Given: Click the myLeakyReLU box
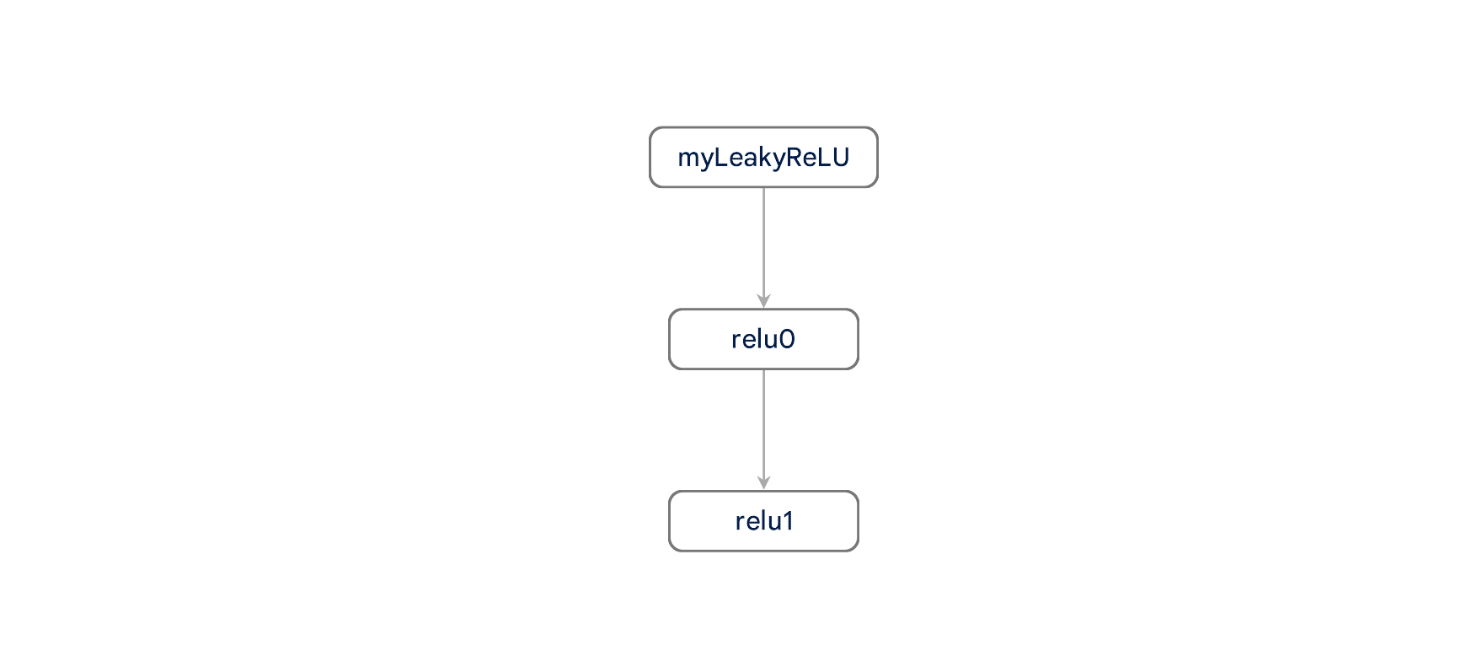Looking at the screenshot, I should [763, 158].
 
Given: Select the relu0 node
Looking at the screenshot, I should [763, 339].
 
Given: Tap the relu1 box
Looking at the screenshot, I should [763, 521].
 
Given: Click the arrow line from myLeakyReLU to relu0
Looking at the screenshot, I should [763, 245].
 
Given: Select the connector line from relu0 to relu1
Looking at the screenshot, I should [763, 426].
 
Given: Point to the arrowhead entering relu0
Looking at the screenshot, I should [763, 301].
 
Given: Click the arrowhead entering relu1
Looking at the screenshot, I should [763, 483].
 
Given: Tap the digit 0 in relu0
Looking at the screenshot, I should [787, 339].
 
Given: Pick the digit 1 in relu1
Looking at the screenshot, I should [788, 521].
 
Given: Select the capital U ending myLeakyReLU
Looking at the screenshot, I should [840, 158].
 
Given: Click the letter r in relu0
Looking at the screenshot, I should [736, 340].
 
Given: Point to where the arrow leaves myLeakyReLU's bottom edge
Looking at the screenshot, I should [763, 188].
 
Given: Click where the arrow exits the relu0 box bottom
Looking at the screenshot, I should [763, 370].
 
